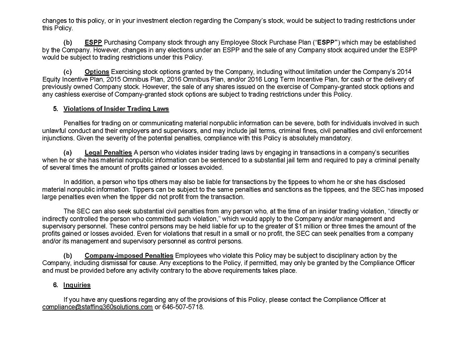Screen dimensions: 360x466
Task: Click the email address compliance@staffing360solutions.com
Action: [x=97, y=307]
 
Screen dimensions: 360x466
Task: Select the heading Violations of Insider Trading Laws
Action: [x=116, y=109]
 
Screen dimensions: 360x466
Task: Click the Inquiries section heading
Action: [x=76, y=285]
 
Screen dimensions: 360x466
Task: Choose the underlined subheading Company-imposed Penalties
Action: [x=129, y=256]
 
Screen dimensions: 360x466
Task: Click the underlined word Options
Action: [x=97, y=72]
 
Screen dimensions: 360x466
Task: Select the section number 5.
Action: [x=55, y=109]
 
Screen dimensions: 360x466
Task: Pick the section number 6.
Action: [x=55, y=285]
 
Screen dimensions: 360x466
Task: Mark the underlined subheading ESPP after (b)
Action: [x=93, y=43]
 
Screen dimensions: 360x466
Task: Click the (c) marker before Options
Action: [x=68, y=72]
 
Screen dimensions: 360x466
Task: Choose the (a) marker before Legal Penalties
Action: [x=68, y=152]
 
